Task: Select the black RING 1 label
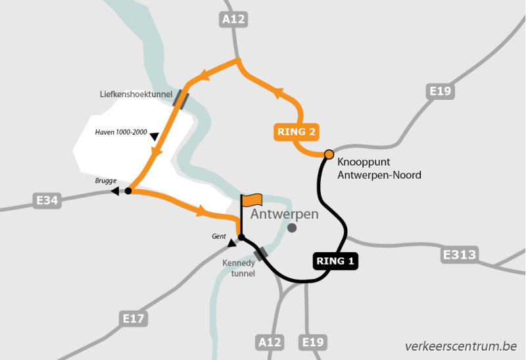335,261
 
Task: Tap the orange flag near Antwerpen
252,199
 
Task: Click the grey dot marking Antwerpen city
292,228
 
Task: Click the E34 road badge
47,200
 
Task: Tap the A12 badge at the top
233,20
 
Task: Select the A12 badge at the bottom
269,342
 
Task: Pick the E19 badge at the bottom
313,342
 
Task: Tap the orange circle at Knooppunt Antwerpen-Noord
329,154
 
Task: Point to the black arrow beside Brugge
115,191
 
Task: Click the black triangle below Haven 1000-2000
155,137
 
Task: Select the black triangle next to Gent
231,244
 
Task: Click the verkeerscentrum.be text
461,346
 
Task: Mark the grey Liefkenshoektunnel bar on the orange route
180,99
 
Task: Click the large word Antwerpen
285,214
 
